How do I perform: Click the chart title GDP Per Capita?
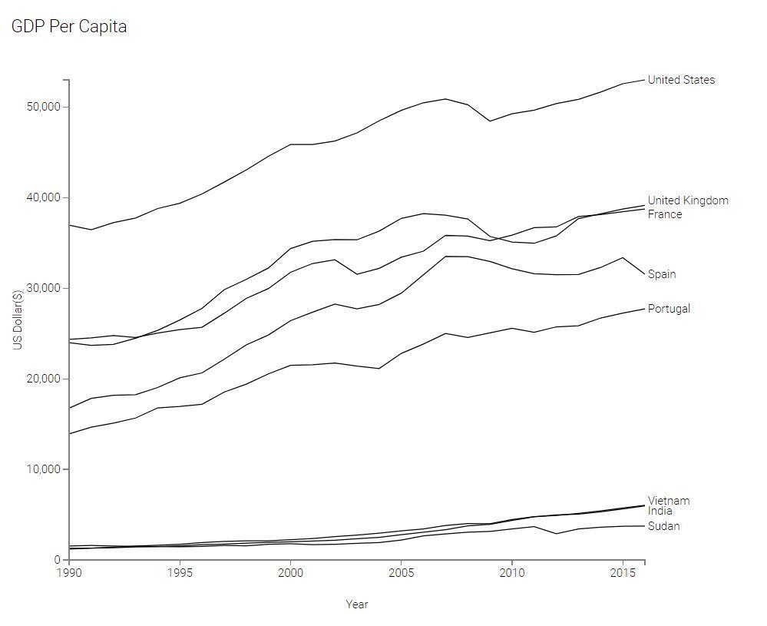[x=69, y=27]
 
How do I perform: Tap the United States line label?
[x=680, y=80]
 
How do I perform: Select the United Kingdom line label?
[x=687, y=200]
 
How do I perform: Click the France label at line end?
[x=664, y=214]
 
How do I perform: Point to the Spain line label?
[x=661, y=274]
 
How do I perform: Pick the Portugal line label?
[x=668, y=309]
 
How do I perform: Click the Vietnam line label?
[x=668, y=501]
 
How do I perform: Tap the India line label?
[x=660, y=511]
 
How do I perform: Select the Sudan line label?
[x=663, y=526]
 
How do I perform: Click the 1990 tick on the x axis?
[x=69, y=573]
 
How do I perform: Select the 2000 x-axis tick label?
[x=290, y=573]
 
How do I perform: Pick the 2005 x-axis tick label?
[x=401, y=573]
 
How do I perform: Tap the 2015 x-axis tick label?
[x=622, y=573]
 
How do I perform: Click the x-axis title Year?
[x=356, y=604]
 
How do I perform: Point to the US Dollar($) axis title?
[x=18, y=320]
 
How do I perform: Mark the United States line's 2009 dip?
[x=490, y=121]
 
